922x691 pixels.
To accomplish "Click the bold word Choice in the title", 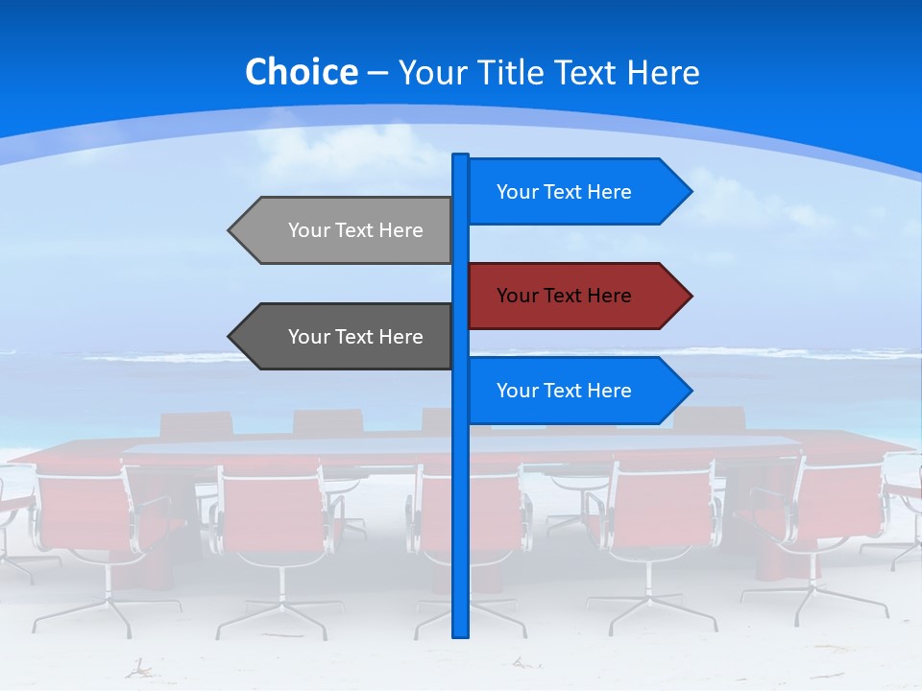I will [x=301, y=72].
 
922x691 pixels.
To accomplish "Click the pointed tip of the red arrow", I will [x=690, y=296].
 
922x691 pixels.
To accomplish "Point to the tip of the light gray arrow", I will [x=230, y=230].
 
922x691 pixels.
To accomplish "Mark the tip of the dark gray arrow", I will [x=230, y=337].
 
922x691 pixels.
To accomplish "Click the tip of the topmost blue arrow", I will [x=690, y=192].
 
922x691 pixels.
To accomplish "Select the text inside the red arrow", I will [x=564, y=296].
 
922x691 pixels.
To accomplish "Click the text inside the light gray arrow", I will [x=355, y=230].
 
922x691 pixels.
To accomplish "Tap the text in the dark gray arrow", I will [x=355, y=337].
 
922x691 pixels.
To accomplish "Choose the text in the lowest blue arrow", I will [x=564, y=391].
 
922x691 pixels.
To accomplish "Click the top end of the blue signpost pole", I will [x=460, y=157].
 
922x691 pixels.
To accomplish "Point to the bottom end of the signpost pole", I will [x=460, y=633].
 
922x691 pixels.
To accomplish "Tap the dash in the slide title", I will [x=377, y=73].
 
